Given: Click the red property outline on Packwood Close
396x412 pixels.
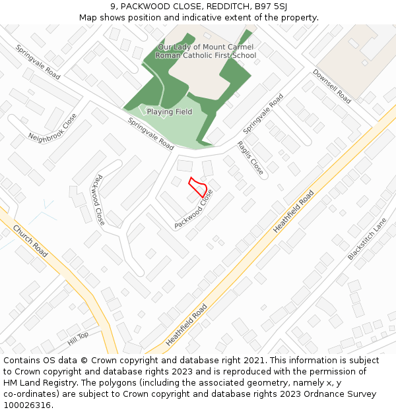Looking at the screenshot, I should coord(198,187).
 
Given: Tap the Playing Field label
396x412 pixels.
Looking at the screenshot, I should coord(170,112).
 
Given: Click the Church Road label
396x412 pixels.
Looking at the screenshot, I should coord(30,241).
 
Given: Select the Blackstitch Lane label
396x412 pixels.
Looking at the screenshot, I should coord(367,239).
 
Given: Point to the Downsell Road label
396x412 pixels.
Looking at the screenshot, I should coord(332,86).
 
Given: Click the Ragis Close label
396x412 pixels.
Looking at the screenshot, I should coord(250,158).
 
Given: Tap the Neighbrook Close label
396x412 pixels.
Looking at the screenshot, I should coord(52,127).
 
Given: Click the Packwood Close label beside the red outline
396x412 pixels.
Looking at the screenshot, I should coord(194,209).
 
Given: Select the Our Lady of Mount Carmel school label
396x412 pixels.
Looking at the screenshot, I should coord(205,51).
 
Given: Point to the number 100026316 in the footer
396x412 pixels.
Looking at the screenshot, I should coord(27,405).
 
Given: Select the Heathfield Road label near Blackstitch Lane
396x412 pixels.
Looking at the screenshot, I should coord(294,212).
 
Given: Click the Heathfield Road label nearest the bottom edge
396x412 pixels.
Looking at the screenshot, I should coord(187,324).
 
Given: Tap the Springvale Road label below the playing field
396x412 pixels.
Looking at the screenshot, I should coord(150,134).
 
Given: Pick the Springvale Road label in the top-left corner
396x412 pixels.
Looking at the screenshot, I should coord(38,62).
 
